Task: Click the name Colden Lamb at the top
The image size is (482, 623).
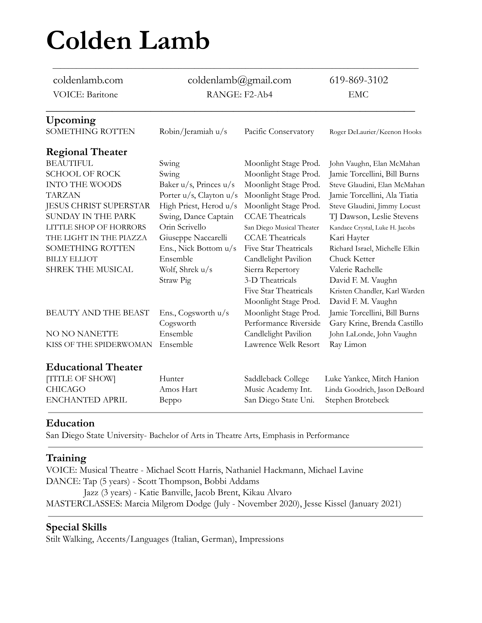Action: [x=128, y=41]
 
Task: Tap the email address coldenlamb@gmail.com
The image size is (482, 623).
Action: [x=239, y=80]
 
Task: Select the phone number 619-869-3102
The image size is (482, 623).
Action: [x=359, y=80]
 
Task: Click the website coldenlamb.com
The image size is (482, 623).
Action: [x=88, y=80]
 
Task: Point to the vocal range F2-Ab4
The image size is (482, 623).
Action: [x=258, y=94]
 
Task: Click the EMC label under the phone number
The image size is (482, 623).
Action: [x=358, y=94]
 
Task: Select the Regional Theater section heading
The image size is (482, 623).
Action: [x=86, y=152]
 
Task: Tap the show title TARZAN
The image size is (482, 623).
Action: [x=63, y=195]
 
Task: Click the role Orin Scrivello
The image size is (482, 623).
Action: [x=183, y=227]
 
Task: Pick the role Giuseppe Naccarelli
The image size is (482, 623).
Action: [x=193, y=238]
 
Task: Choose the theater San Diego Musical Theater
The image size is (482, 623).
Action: [x=282, y=227]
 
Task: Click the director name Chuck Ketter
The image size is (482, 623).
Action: [x=352, y=259]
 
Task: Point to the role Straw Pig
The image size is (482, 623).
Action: [x=175, y=280]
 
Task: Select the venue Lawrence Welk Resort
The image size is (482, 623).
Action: [x=282, y=345]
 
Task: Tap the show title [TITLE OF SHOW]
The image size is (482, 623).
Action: [x=81, y=379]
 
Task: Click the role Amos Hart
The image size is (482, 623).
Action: [x=178, y=389]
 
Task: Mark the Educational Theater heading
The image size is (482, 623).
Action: [x=94, y=367]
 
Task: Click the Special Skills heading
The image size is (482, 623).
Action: [x=76, y=527]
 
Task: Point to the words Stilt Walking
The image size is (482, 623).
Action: [x=70, y=539]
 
